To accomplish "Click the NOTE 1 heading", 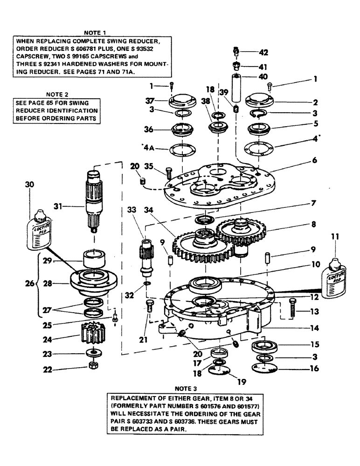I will tap(95, 33).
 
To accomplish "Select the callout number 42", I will tap(263, 52).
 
